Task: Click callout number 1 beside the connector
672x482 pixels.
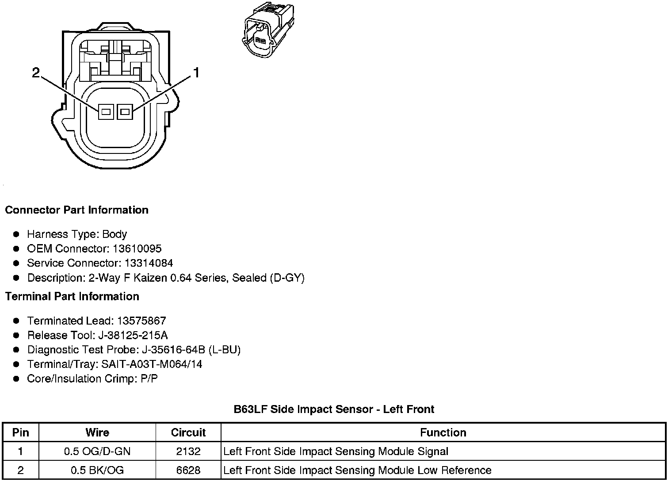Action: click(196, 73)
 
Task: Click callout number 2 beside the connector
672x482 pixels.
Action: click(36, 73)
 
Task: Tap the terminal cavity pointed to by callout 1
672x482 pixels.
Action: click(125, 112)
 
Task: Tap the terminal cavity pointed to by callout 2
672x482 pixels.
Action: click(105, 112)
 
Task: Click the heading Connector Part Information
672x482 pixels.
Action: click(76, 210)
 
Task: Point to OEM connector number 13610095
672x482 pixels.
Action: click(137, 249)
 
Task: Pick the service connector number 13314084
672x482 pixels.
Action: click(149, 263)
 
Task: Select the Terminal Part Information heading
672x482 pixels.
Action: click(72, 297)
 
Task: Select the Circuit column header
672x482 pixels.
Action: click(188, 432)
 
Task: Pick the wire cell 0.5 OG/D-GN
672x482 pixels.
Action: click(97, 451)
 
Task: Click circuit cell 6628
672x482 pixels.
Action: click(188, 470)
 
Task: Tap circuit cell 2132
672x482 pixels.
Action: click(188, 451)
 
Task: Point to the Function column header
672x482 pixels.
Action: click(443, 432)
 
